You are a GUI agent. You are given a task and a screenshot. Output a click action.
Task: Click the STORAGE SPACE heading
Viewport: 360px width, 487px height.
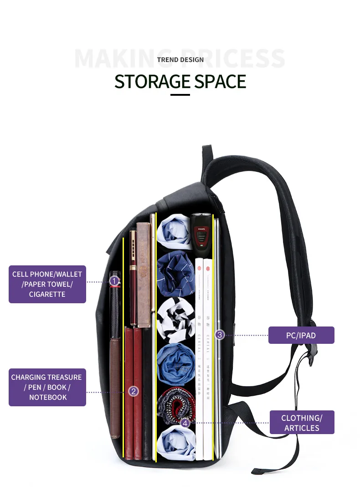pos(180,81)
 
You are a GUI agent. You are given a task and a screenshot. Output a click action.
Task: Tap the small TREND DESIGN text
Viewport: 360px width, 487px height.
pos(180,60)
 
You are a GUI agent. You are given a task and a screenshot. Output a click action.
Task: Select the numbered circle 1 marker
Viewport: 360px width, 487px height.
pos(114,281)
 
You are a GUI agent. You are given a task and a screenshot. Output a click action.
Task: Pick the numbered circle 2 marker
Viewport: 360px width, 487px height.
pos(133,391)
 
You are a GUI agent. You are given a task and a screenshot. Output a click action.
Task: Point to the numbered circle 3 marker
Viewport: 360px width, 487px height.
pos(219,335)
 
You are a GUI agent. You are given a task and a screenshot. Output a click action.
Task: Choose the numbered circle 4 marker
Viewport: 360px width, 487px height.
pos(184,423)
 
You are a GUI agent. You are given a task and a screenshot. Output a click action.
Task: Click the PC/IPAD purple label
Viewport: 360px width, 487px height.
pos(301,335)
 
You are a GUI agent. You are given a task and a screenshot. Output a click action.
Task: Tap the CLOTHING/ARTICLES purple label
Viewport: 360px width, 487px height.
pos(302,423)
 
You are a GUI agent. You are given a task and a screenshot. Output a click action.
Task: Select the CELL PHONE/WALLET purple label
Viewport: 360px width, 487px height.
pos(47,284)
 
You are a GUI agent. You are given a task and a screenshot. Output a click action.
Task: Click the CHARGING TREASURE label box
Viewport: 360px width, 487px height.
pos(47,387)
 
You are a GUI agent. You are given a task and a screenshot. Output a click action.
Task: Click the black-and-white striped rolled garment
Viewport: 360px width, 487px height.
pos(175,319)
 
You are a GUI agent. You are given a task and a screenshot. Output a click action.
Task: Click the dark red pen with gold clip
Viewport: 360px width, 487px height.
pos(133,278)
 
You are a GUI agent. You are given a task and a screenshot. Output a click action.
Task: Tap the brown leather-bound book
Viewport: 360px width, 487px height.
pos(144,274)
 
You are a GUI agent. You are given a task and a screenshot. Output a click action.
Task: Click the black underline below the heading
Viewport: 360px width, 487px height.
pos(180,95)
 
